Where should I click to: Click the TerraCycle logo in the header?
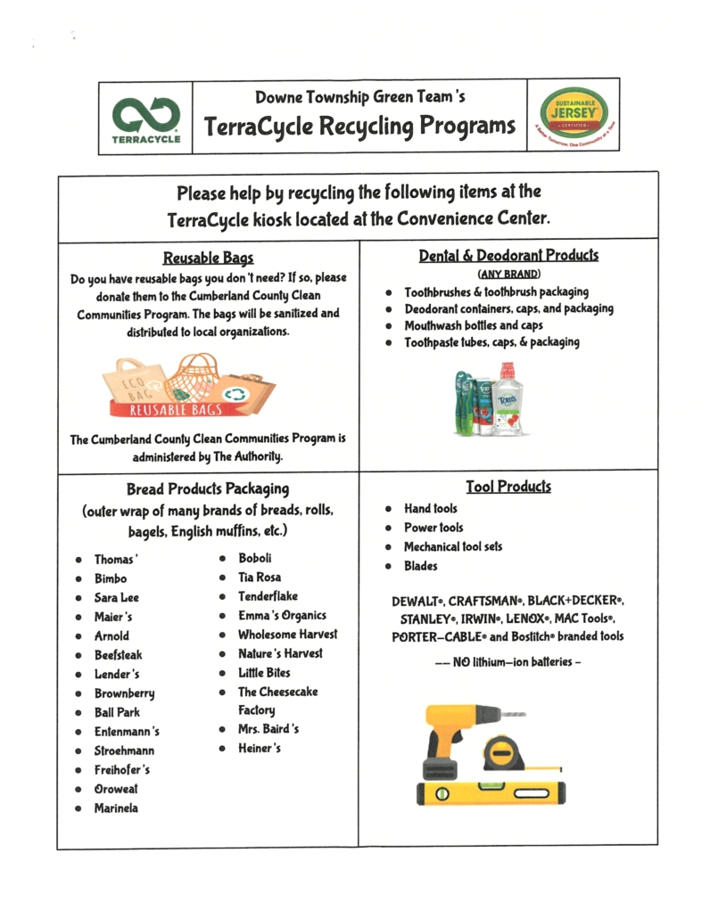(x=145, y=119)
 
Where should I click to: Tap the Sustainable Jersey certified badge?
(x=574, y=116)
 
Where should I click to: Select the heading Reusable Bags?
(x=208, y=258)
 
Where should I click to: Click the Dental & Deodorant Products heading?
(x=508, y=256)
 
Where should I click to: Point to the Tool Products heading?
(x=508, y=487)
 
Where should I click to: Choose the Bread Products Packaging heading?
(x=208, y=488)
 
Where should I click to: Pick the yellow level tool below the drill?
(x=491, y=791)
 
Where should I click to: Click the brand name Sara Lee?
(x=117, y=597)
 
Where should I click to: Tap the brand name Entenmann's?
(x=127, y=732)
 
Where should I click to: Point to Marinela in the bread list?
(x=116, y=808)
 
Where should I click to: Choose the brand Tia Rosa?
(x=259, y=578)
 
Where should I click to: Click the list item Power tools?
(x=433, y=528)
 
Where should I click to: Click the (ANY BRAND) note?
(x=508, y=274)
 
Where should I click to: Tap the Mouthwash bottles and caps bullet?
(x=473, y=325)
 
